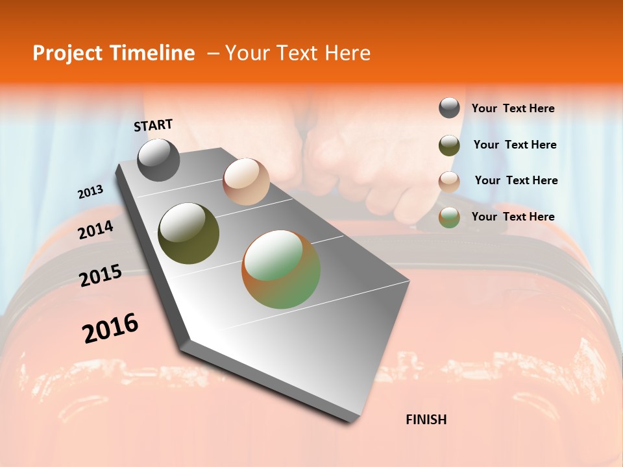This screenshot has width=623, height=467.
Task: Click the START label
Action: pyautogui.click(x=153, y=125)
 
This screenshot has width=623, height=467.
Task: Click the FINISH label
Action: pyautogui.click(x=426, y=420)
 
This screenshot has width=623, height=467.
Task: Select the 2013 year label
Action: pyautogui.click(x=91, y=192)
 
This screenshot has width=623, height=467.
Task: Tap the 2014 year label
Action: pyautogui.click(x=96, y=230)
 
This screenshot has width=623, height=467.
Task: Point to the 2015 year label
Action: pyautogui.click(x=101, y=276)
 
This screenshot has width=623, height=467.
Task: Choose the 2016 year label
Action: pyautogui.click(x=110, y=328)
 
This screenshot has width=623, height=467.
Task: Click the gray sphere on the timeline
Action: pyautogui.click(x=158, y=160)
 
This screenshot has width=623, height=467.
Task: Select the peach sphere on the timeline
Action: pyautogui.click(x=246, y=182)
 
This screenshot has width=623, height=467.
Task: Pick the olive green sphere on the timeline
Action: pyautogui.click(x=189, y=233)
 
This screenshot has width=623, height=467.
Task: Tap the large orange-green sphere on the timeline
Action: pyautogui.click(x=281, y=269)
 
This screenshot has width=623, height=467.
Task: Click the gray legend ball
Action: pyautogui.click(x=449, y=108)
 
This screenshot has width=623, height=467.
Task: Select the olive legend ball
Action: pyautogui.click(x=449, y=145)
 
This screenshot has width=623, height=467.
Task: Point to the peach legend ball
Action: pyautogui.click(x=449, y=182)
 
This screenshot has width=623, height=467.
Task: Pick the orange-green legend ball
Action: pyautogui.click(x=449, y=218)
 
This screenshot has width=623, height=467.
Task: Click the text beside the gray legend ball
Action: pyautogui.click(x=513, y=108)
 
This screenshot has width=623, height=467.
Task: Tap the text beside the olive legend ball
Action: pyautogui.click(x=515, y=145)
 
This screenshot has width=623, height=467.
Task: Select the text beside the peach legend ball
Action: pyautogui.click(x=516, y=180)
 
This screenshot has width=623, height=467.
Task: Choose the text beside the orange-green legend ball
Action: pyautogui.click(x=513, y=217)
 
